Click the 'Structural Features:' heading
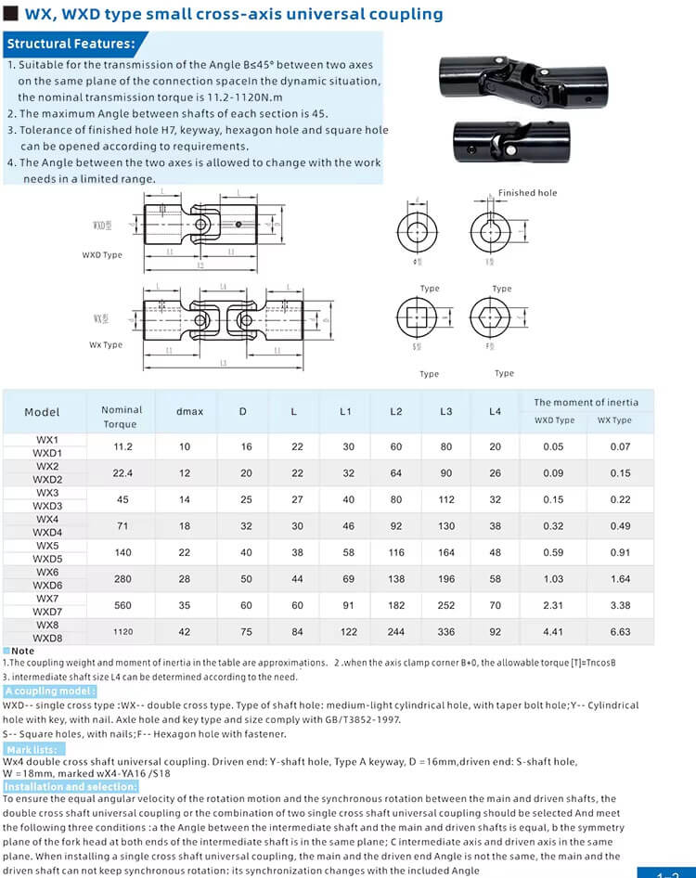[x=71, y=44]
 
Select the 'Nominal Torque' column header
[x=122, y=417]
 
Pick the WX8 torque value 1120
[x=123, y=632]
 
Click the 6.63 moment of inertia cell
[x=621, y=632]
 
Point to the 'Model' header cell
[x=42, y=412]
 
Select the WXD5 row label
[x=47, y=560]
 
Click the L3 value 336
[x=446, y=632]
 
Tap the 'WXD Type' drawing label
[x=102, y=255]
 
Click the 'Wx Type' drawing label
[x=106, y=345]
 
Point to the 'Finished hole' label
[x=527, y=193]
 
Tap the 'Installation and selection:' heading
[x=71, y=787]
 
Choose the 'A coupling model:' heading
[x=50, y=691]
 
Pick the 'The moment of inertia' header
[x=586, y=402]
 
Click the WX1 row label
[x=47, y=440]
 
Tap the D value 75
[x=246, y=632]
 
